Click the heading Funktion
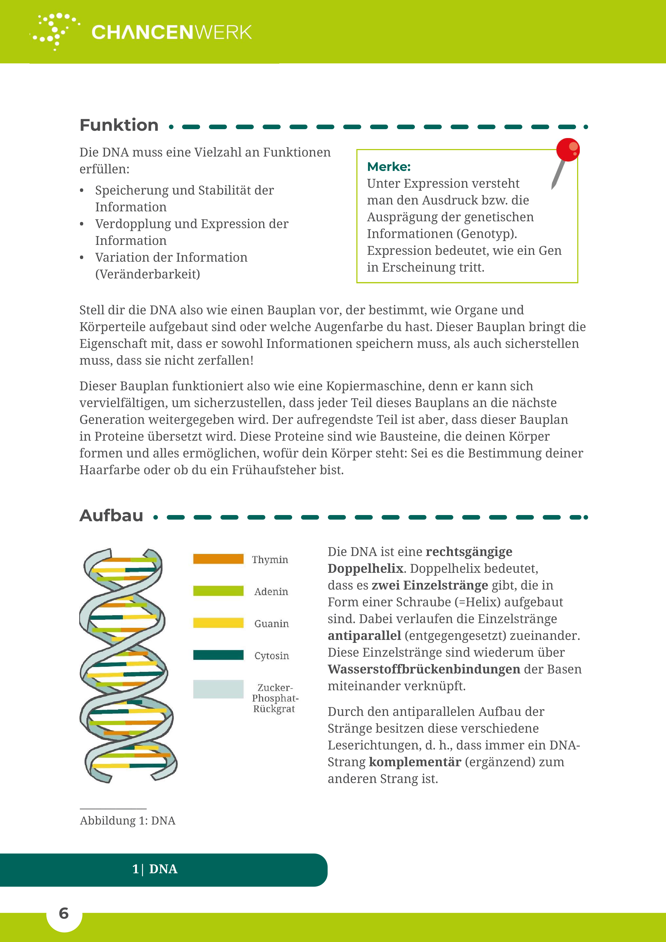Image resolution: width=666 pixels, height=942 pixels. [x=119, y=125]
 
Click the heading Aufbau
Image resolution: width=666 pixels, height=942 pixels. [x=111, y=516]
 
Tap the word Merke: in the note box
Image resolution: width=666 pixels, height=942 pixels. [x=389, y=166]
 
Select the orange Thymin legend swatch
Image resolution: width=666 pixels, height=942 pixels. [x=218, y=559]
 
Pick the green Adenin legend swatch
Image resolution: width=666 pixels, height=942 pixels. [x=218, y=591]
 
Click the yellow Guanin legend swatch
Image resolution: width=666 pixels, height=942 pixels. [x=218, y=623]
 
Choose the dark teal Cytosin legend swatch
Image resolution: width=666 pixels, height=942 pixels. [x=218, y=655]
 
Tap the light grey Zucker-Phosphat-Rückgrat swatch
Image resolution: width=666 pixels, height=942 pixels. [x=218, y=689]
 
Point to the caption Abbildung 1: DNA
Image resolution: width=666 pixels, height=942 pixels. [x=128, y=821]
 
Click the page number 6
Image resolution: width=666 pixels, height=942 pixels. [x=64, y=913]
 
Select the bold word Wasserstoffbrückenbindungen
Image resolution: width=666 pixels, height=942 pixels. [x=424, y=669]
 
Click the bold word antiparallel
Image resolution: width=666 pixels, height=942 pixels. [x=364, y=636]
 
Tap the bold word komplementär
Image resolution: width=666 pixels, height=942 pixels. [x=415, y=762]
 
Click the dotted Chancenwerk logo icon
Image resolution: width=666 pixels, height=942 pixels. [x=55, y=32]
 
